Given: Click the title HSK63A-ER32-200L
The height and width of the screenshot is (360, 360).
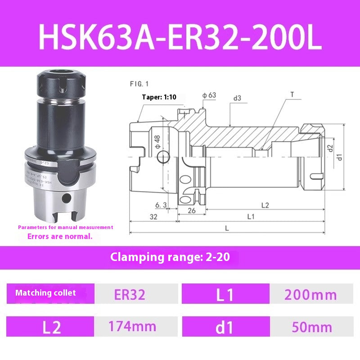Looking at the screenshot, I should coord(180,37).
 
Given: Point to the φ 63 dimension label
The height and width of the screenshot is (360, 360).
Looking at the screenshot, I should coord(209,95).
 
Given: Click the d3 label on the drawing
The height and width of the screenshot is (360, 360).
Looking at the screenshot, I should coord(237,98).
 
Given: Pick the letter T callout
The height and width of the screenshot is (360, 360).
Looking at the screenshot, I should coord(292,94).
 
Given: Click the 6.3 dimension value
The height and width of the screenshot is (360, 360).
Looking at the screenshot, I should coord(161,205).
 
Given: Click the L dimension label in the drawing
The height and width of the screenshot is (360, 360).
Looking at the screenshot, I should coord(227,229).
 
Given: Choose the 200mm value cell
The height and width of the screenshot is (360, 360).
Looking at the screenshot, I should coord(310,295).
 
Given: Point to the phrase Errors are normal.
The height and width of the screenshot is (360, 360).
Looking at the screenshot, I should coord(59,236).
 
